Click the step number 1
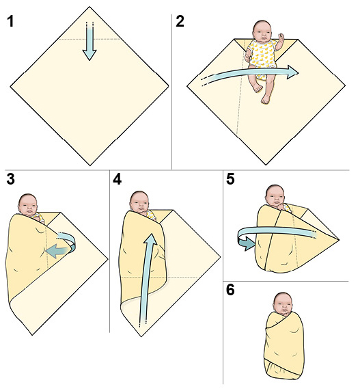(10, 21)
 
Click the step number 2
(180, 21)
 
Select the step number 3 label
(11, 180)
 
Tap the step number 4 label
(117, 180)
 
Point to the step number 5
(230, 180)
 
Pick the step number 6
(230, 290)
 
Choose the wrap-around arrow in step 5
(270, 236)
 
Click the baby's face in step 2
(262, 31)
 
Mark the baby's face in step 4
(139, 202)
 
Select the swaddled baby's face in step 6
(283, 304)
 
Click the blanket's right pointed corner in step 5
(338, 237)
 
